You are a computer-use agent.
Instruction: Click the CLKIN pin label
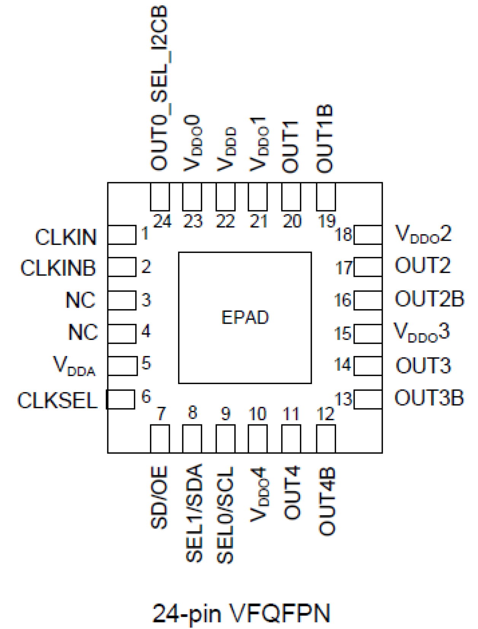pos(66,237)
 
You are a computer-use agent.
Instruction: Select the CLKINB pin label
pos(58,268)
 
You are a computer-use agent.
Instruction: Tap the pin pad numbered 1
pos(122,235)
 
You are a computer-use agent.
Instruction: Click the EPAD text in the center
pos(245,318)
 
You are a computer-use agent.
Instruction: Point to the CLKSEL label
pos(57,400)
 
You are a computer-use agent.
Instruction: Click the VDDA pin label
pos(75,366)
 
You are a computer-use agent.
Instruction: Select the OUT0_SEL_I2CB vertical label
pos(159,87)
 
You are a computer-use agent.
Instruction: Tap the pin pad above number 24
pos(160,197)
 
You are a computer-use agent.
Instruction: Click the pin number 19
pos(326,221)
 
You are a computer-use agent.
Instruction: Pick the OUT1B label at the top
pos(325,139)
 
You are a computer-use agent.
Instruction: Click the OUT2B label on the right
pos(429,299)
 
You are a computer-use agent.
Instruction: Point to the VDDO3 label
pos(422,332)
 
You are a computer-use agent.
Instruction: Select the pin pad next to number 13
pos(368,399)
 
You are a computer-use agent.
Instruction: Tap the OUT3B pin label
pos(429,398)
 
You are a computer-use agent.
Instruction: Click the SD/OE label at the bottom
pos(159,497)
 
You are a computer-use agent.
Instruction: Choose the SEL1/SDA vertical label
pos(194,513)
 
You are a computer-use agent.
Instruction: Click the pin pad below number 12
pos(326,438)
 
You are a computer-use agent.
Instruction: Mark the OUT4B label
pos(327,501)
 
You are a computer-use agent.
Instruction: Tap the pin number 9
pos(226,413)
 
